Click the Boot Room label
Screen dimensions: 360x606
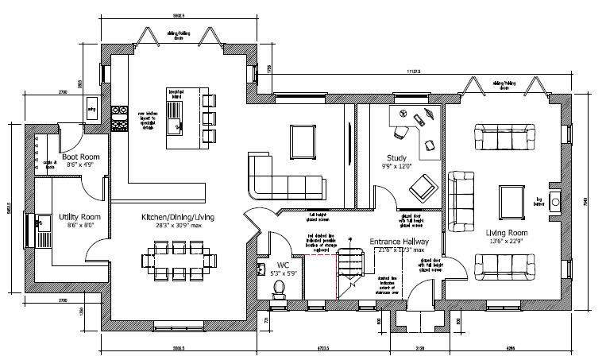tap(79, 157)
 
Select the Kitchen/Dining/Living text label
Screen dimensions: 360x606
tap(178, 217)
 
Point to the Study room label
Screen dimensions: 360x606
tap(397, 157)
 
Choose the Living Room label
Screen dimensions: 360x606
tap(508, 233)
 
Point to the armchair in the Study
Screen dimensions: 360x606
tap(421, 188)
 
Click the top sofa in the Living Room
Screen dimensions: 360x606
tap(504, 136)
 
